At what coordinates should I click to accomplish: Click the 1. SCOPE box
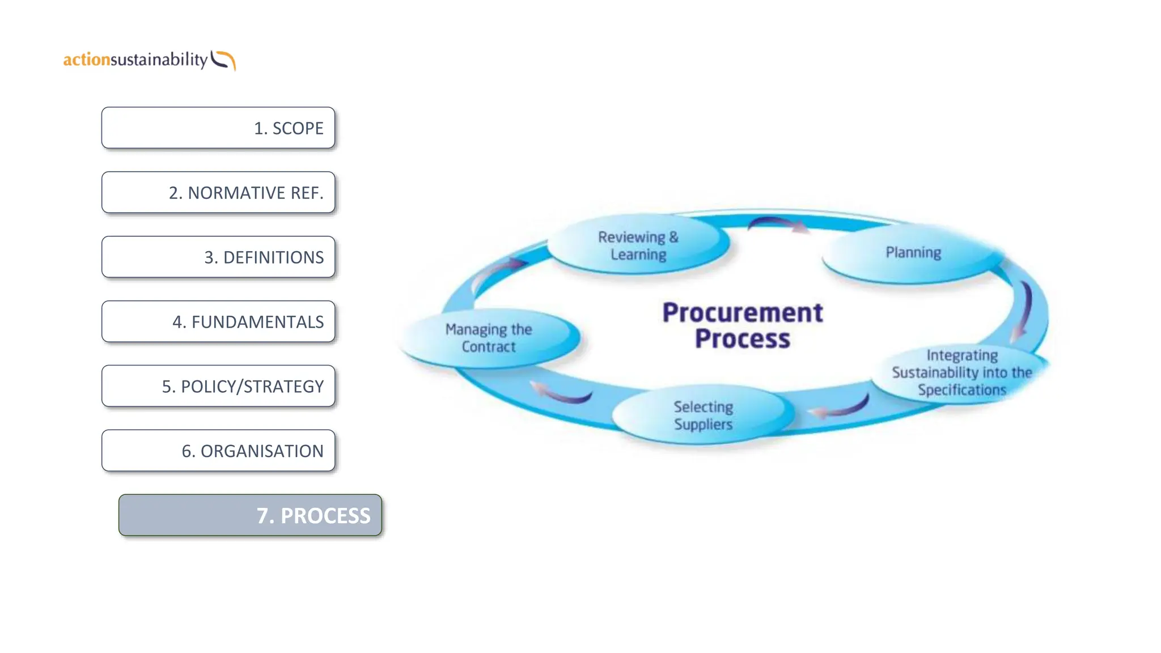click(218, 128)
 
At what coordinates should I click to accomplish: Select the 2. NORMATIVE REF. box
click(218, 193)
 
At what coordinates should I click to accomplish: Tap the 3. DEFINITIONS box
click(218, 257)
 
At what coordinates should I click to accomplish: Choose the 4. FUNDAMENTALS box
click(218, 322)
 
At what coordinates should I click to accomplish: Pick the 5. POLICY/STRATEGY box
click(218, 387)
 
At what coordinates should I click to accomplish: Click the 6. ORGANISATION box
click(218, 451)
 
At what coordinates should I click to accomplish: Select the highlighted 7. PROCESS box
click(250, 515)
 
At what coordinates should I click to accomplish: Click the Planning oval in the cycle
click(913, 253)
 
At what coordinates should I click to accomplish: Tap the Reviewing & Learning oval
click(638, 245)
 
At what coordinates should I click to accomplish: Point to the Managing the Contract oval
click(489, 338)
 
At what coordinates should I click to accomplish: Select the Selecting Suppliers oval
click(703, 415)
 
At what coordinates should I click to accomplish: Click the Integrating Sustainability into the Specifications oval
click(961, 372)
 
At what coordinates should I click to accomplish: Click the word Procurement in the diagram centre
click(743, 313)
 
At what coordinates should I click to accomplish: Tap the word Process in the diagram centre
click(743, 339)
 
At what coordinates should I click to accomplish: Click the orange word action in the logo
click(86, 60)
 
